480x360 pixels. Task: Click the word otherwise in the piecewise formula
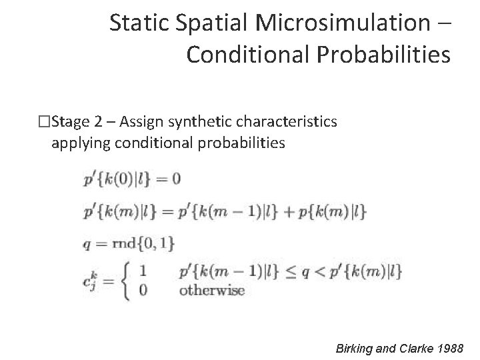pos(212,290)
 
